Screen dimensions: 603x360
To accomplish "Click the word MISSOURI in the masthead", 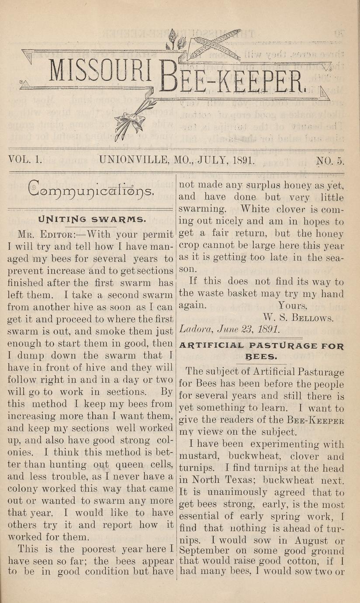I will coord(100,70).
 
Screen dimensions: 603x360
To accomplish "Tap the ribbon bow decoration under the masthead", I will coord(128,119).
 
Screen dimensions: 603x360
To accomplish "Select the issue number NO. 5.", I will coord(330,160).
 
